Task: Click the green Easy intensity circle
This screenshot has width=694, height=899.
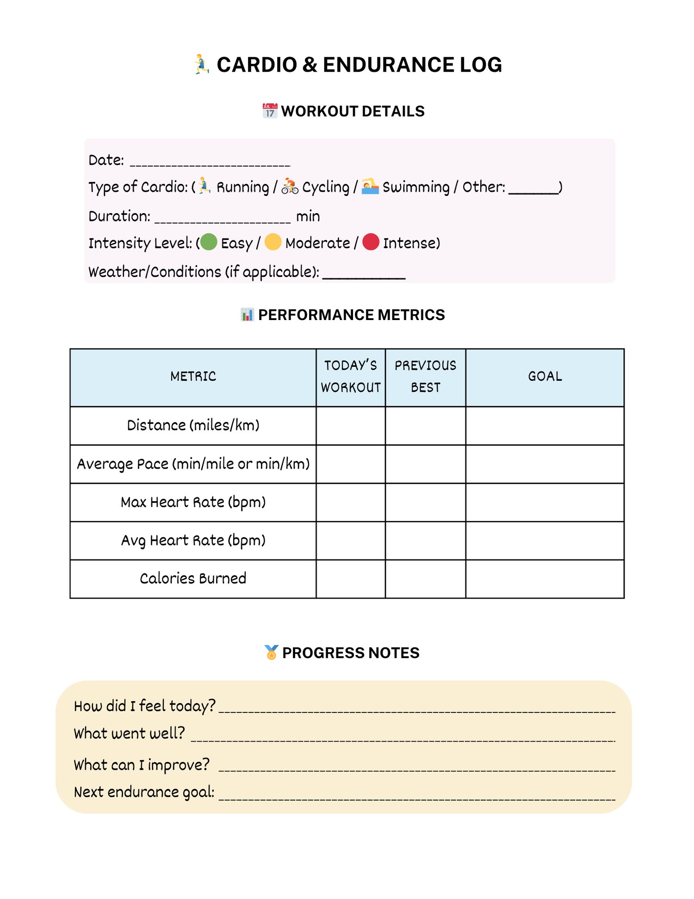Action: (x=209, y=242)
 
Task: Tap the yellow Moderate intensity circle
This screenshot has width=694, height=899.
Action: (x=273, y=242)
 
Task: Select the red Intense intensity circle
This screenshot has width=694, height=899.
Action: (x=371, y=242)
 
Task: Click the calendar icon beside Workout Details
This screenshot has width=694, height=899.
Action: (x=270, y=111)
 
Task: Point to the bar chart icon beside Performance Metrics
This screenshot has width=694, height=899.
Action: (x=248, y=315)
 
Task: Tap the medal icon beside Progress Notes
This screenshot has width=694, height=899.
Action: (x=271, y=652)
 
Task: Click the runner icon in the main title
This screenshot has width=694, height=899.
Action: (x=202, y=64)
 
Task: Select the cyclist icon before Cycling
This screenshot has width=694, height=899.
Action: (x=290, y=187)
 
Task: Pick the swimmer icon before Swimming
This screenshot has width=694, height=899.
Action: (x=370, y=186)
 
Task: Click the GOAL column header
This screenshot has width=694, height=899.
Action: (x=545, y=377)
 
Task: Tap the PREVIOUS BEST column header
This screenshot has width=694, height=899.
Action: (x=425, y=377)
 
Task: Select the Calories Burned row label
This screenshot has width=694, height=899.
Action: (x=193, y=578)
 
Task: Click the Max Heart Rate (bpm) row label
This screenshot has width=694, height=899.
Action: (x=193, y=502)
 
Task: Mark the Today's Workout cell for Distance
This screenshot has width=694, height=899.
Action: (x=351, y=426)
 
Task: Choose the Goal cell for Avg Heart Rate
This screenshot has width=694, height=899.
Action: (x=545, y=541)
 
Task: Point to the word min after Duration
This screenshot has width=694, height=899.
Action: (x=308, y=216)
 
